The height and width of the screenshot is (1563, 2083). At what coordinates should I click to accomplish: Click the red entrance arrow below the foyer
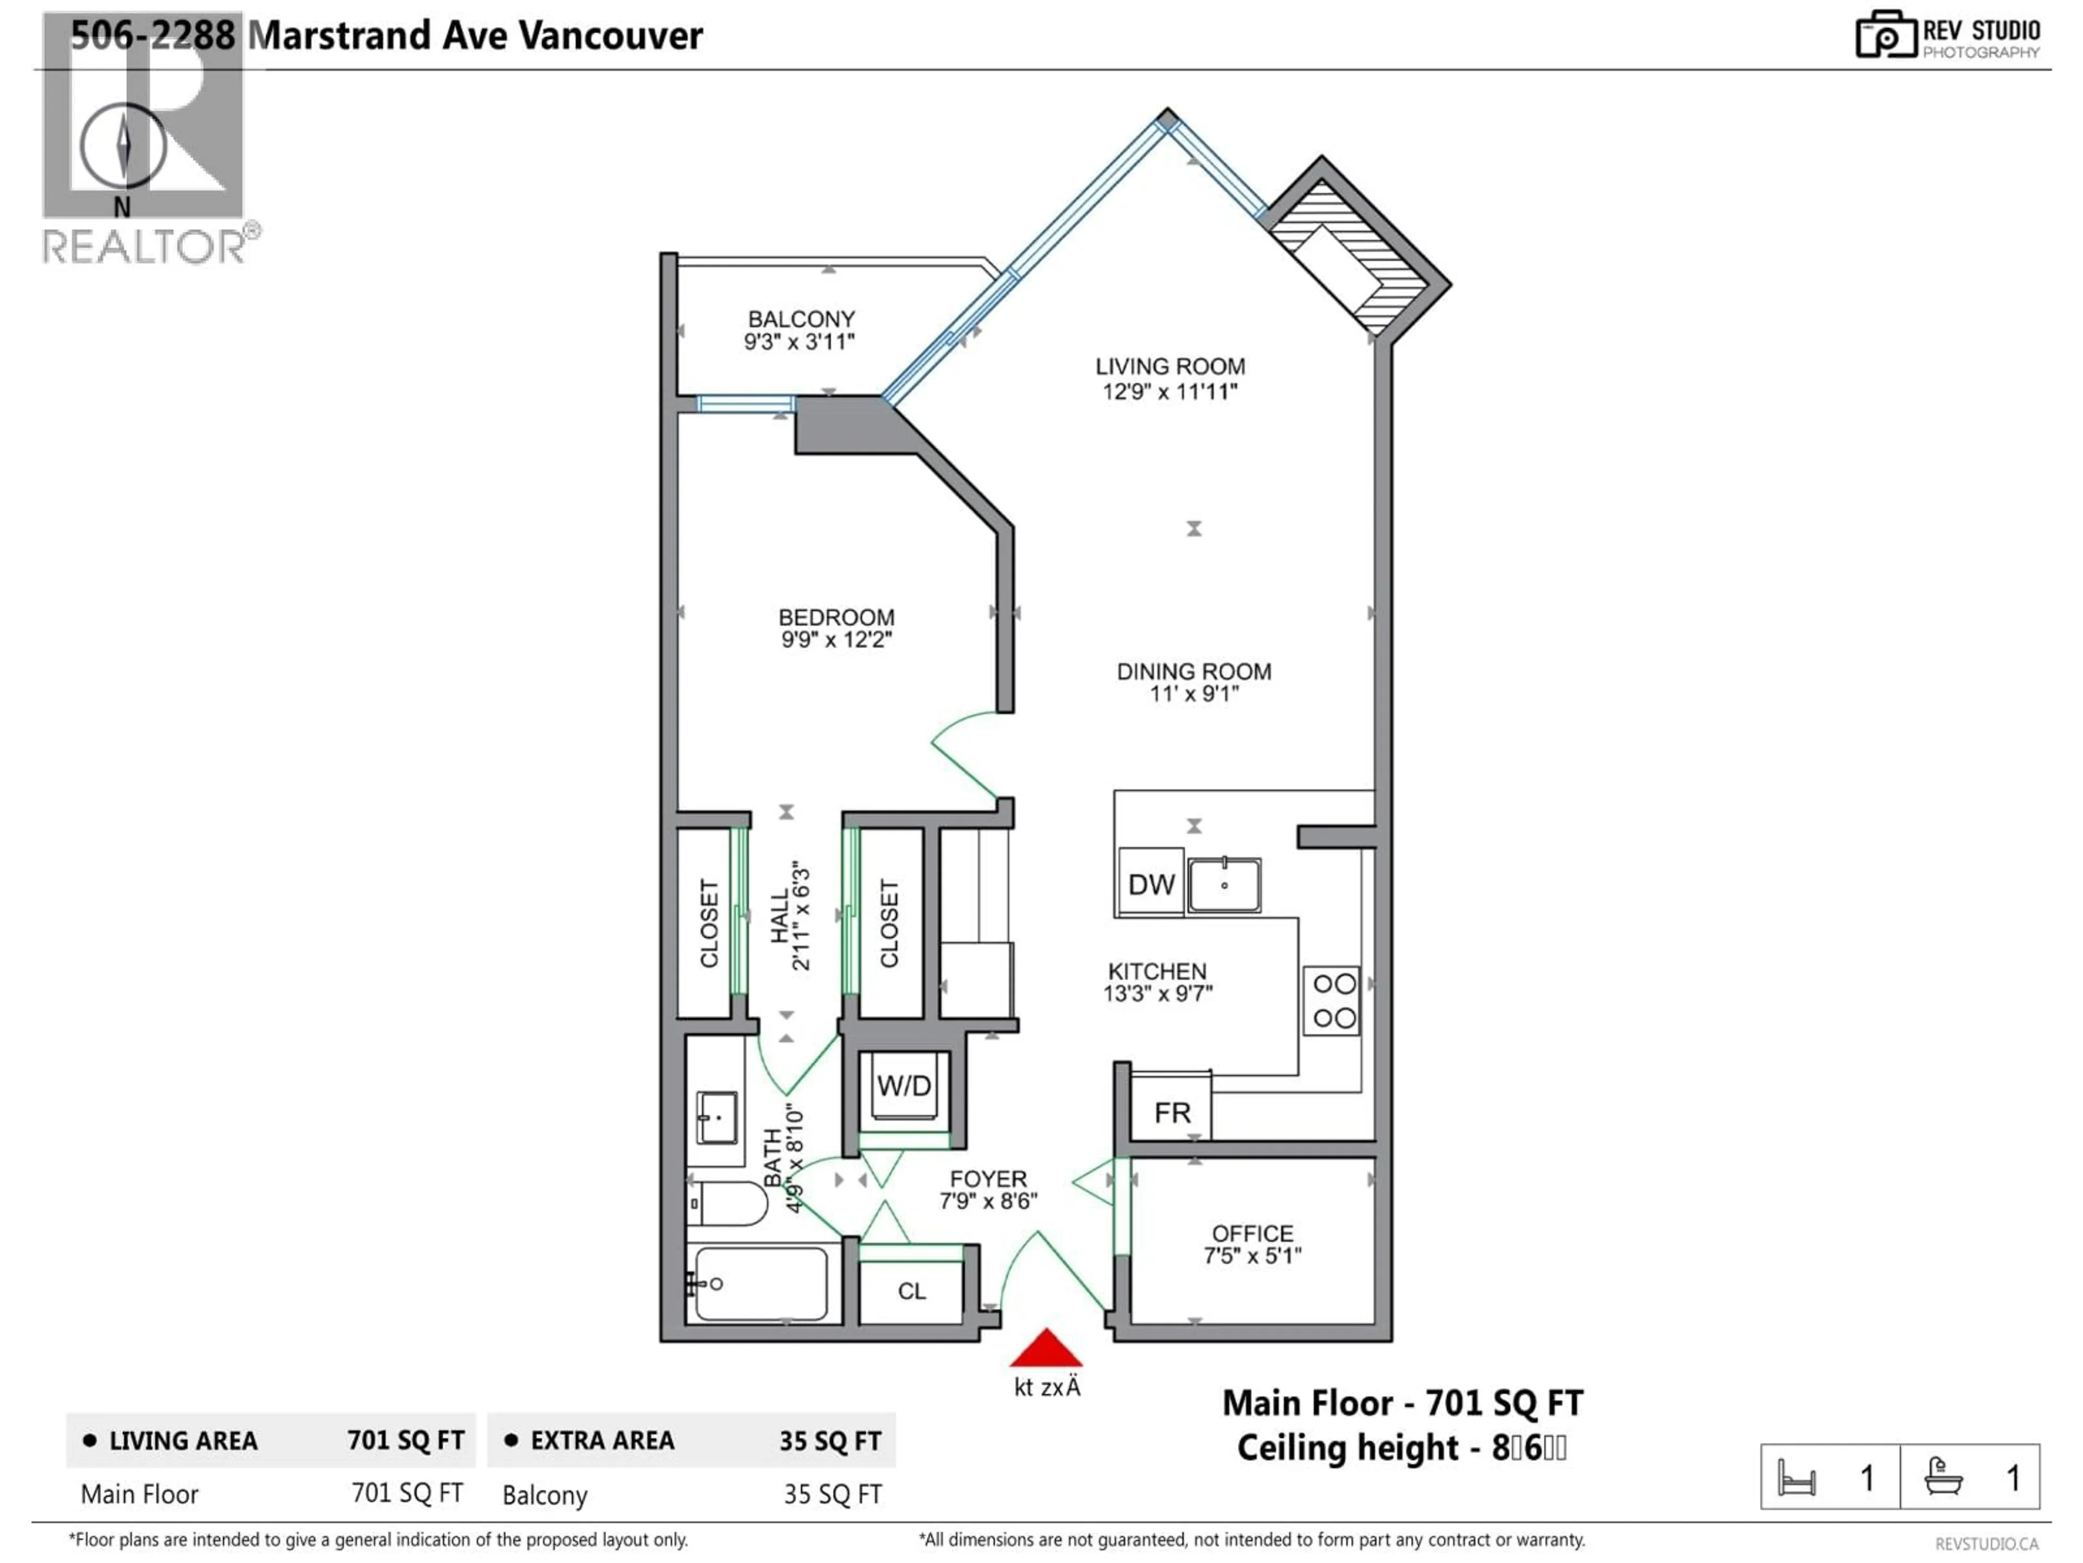coord(1045,1350)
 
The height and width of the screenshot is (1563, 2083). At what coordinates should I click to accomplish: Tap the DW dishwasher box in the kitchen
coord(1151,884)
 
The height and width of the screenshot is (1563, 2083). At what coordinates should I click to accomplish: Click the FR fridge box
coord(1172,1113)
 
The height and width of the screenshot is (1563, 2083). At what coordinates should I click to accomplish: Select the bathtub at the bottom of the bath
coord(761,1282)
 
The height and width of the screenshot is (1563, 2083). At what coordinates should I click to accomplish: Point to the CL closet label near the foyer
coord(911,1291)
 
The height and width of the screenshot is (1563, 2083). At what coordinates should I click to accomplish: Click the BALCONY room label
coord(801,319)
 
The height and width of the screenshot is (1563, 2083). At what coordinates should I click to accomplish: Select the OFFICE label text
coord(1253,1233)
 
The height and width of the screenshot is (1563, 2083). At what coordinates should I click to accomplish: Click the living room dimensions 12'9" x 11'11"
coord(1170,391)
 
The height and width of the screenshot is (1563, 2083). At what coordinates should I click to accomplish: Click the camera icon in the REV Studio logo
coord(1885,36)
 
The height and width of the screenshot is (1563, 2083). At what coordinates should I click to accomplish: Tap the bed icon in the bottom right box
coord(1796,1477)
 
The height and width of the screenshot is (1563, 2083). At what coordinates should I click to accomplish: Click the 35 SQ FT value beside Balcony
coord(833,1494)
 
